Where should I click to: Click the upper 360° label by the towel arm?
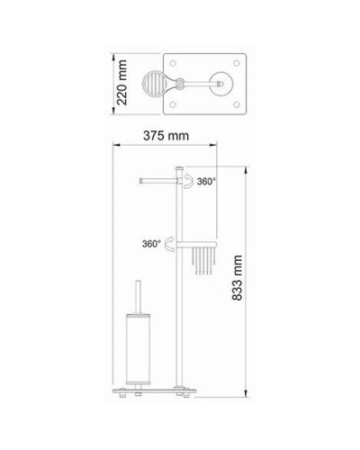[x=208, y=182]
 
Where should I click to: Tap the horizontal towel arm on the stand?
[x=160, y=181]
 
